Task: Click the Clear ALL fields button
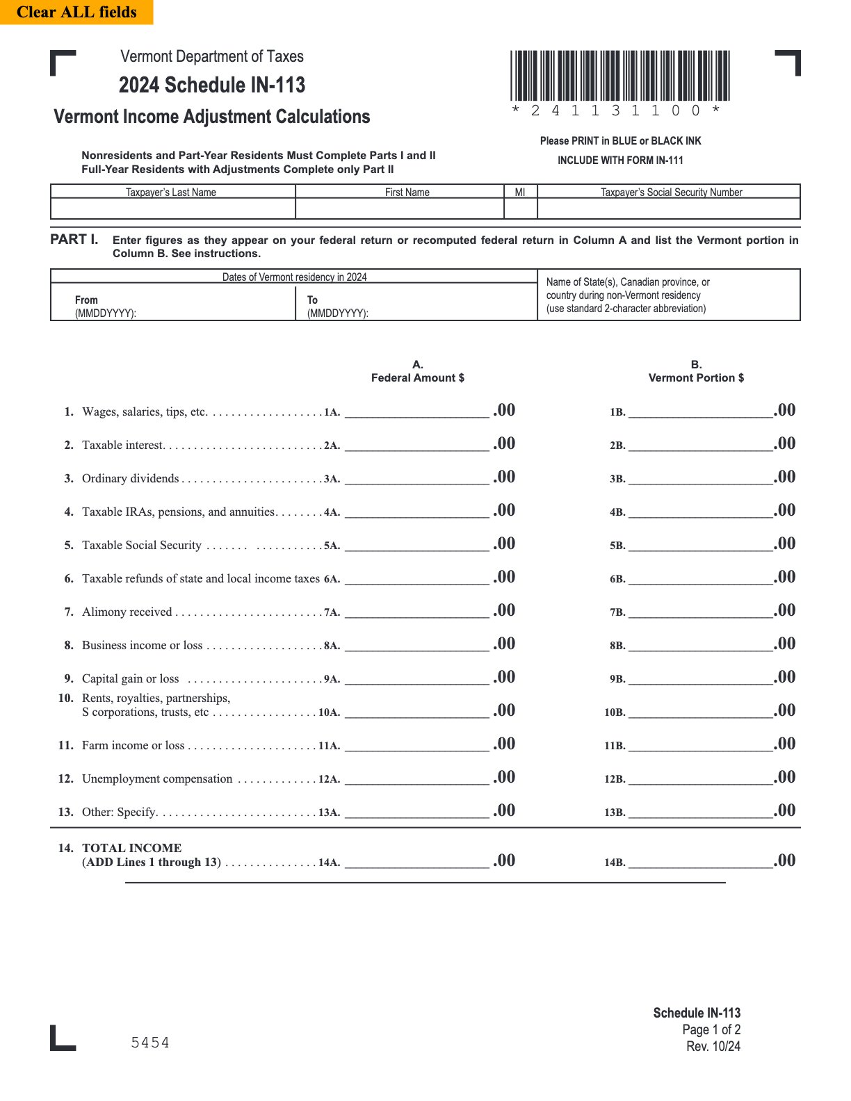click(x=76, y=12)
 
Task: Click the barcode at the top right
click(x=619, y=76)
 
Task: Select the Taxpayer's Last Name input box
click(x=172, y=209)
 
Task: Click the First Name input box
click(x=399, y=209)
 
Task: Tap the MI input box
click(x=520, y=209)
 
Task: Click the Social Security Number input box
click(x=668, y=209)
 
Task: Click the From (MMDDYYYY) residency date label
click(x=105, y=306)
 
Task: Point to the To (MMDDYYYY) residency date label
click(x=337, y=306)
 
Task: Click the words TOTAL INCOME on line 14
click(x=131, y=848)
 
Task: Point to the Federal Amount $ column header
click(x=417, y=377)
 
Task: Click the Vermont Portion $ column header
click(x=696, y=377)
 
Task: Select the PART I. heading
click(x=74, y=239)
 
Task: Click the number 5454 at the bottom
click(x=150, y=1043)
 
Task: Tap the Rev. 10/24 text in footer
click(x=713, y=1046)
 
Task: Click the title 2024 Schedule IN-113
click(x=212, y=85)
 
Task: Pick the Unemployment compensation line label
click(x=157, y=778)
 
